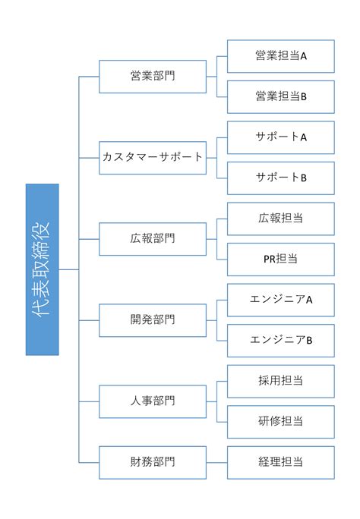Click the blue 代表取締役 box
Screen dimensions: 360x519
click(43, 269)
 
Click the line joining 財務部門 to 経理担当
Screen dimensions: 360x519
click(217, 462)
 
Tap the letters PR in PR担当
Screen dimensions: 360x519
click(270, 259)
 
